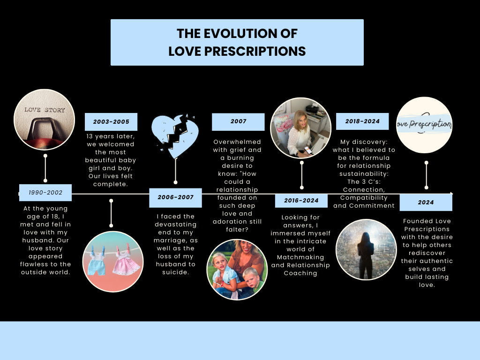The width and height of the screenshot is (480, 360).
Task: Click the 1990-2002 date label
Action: click(x=45, y=193)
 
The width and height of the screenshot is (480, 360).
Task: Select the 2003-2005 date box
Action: click(x=111, y=121)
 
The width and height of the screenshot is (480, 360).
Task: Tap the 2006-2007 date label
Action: click(x=175, y=197)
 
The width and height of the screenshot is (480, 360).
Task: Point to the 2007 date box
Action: click(x=238, y=121)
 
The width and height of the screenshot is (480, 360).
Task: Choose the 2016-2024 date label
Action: click(x=301, y=201)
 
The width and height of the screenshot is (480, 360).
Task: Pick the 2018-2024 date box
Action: click(x=362, y=121)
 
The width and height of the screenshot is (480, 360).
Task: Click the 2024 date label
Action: click(x=426, y=202)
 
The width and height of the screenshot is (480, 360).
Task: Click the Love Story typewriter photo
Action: click(x=45, y=120)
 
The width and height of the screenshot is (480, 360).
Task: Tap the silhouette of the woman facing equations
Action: click(x=366, y=256)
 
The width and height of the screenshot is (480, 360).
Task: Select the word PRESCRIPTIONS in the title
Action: click(x=255, y=52)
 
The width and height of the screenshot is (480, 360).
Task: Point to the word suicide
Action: click(x=175, y=272)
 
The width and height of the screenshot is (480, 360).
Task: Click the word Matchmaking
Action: click(x=300, y=257)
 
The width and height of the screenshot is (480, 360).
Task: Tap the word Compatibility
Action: click(x=364, y=198)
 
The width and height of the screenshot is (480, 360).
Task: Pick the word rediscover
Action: click(x=427, y=253)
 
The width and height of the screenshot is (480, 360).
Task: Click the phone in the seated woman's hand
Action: click(x=307, y=150)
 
